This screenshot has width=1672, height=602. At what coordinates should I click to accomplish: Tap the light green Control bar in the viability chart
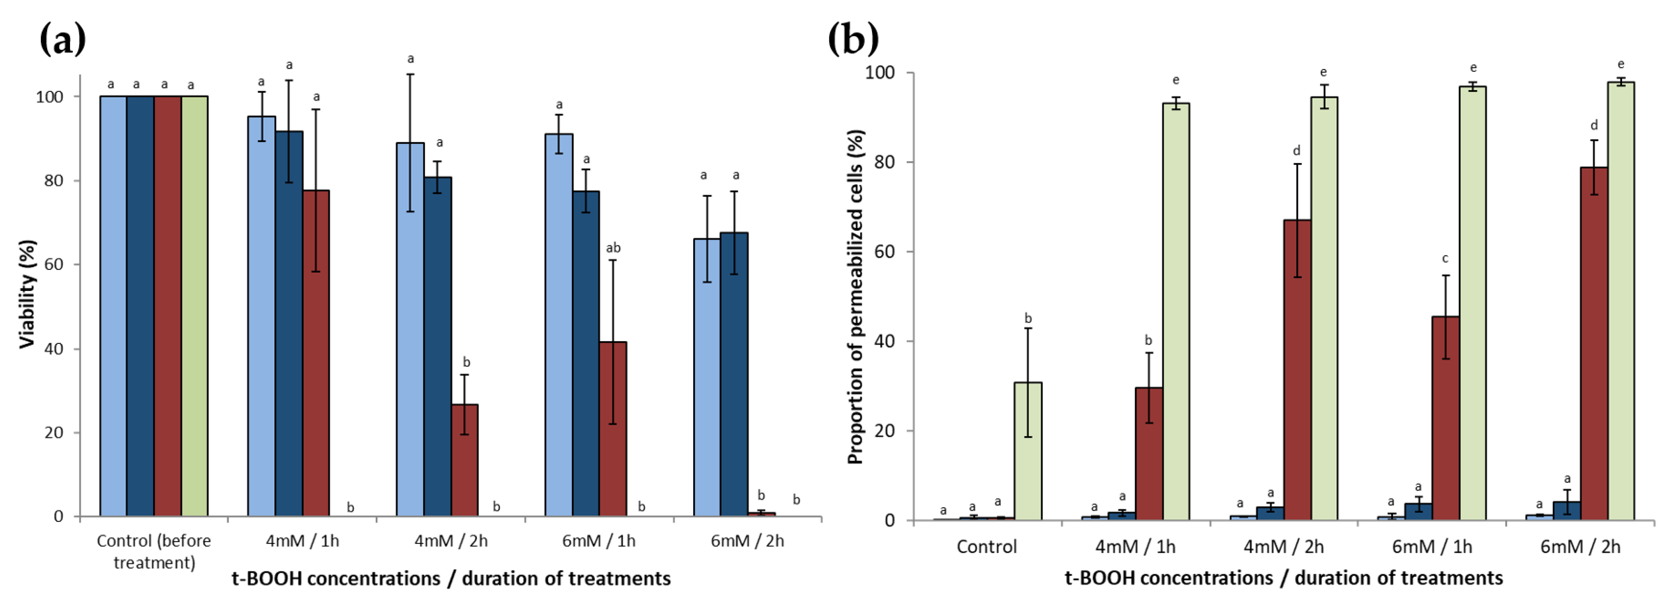[194, 305]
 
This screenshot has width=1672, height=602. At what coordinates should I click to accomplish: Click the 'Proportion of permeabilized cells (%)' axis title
[856, 297]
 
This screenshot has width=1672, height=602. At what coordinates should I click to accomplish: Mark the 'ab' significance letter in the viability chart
[613, 248]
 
